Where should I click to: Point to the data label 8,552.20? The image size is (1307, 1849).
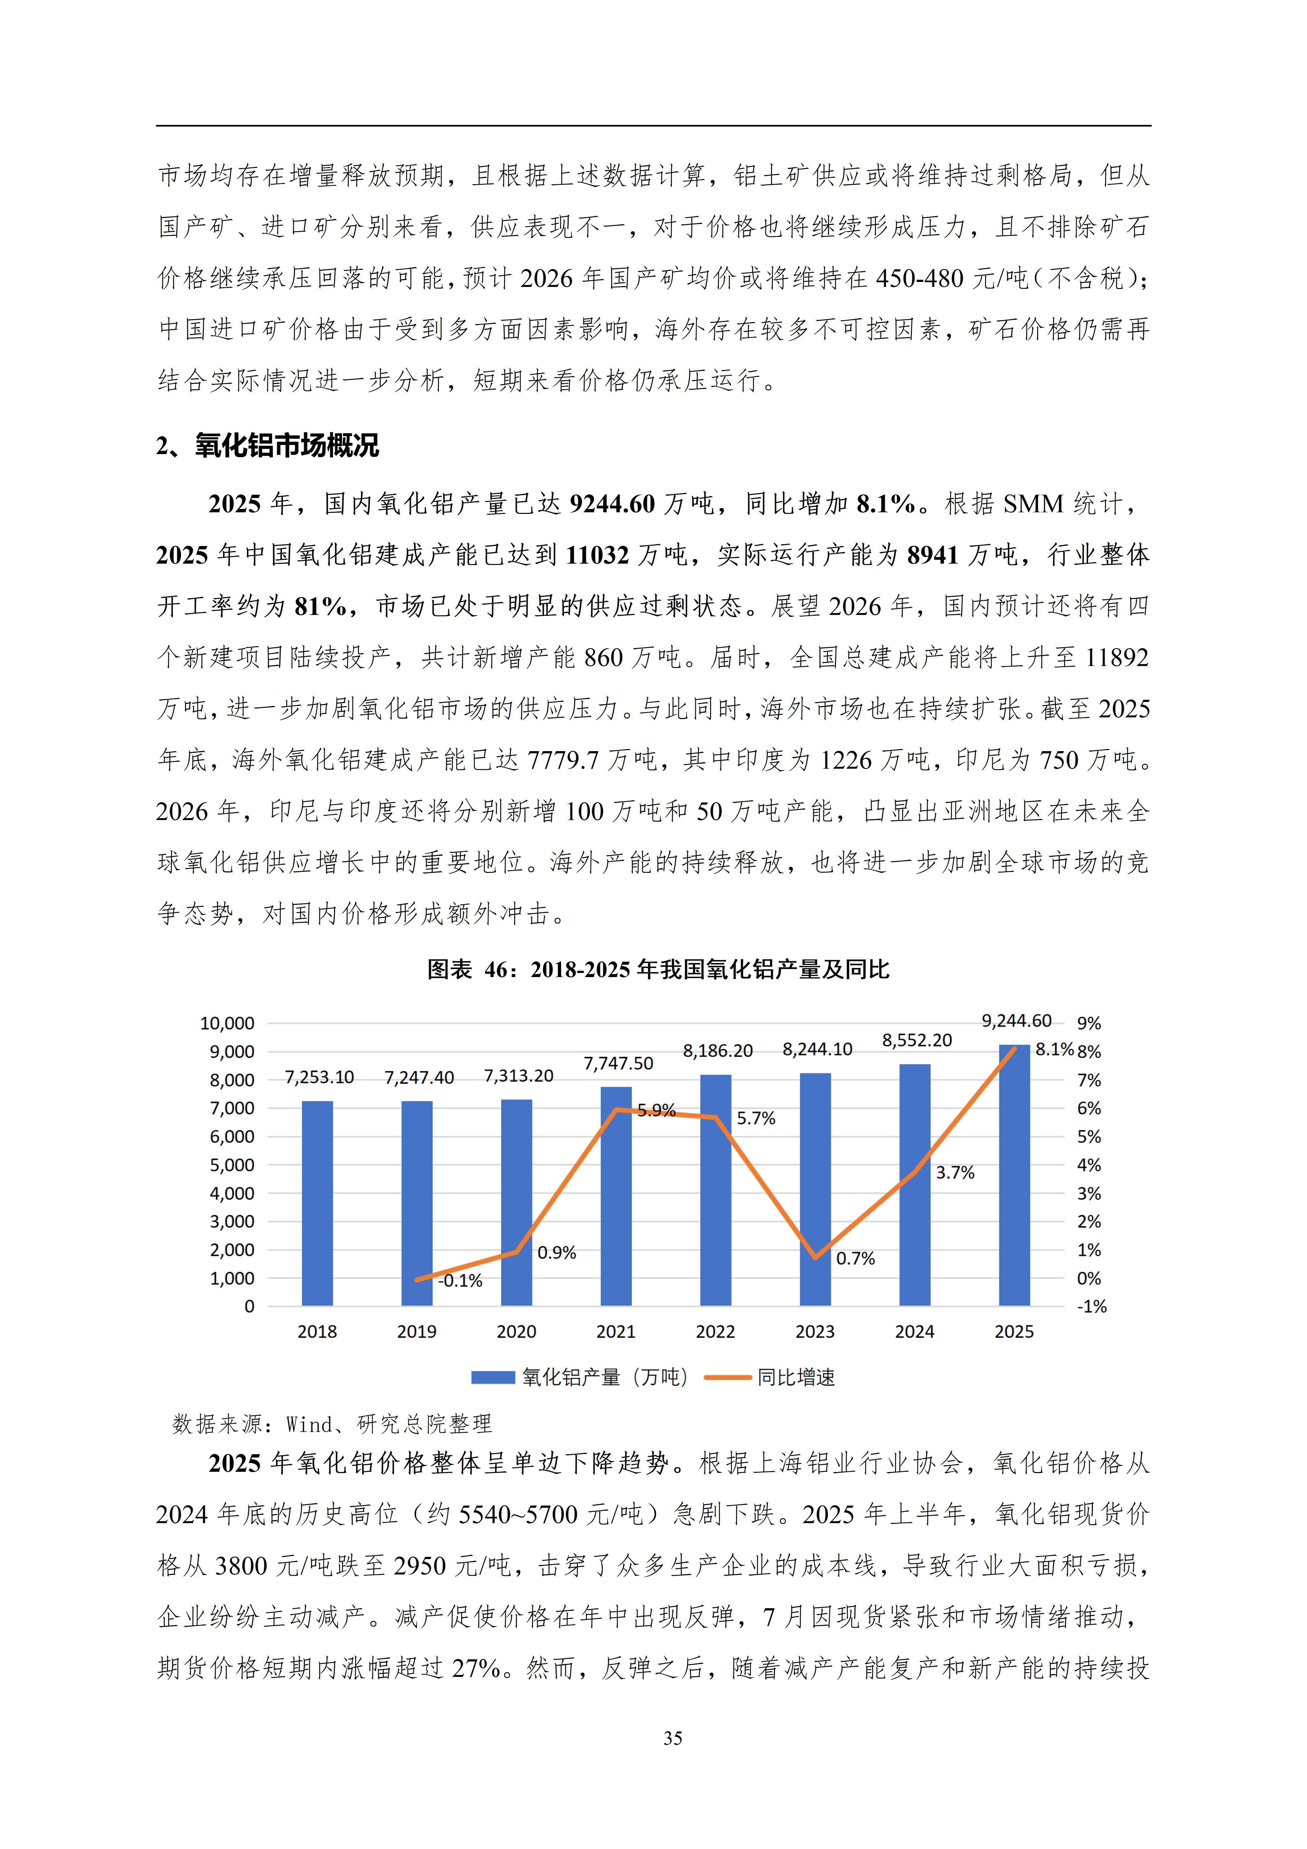pyautogui.click(x=916, y=1040)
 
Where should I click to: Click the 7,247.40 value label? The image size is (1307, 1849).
pyautogui.click(x=419, y=1078)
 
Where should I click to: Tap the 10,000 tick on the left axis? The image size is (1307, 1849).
pyautogui.click(x=227, y=1023)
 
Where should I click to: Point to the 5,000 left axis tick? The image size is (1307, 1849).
pyautogui.click(x=232, y=1165)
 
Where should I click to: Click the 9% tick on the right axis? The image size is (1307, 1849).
pyautogui.click(x=1089, y=1023)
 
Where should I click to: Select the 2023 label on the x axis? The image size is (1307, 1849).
pyautogui.click(x=815, y=1332)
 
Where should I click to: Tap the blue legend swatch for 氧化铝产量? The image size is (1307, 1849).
pyautogui.click(x=493, y=1378)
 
